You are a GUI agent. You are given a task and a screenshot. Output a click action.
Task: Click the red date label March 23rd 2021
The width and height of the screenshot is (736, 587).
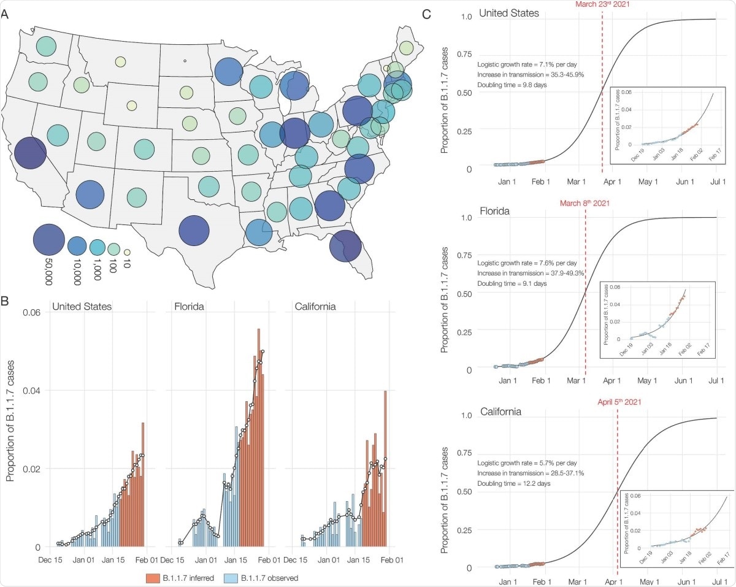pos(602,4)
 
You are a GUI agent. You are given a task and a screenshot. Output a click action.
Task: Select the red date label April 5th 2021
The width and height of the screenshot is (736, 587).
pos(617,402)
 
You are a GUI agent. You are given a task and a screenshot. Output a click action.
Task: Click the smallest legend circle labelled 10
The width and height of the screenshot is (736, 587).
pos(127,251)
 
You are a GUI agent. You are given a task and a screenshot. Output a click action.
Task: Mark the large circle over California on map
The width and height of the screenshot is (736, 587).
pos(30,153)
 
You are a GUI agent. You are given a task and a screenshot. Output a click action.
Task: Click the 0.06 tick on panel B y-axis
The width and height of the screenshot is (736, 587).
pos(31,312)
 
